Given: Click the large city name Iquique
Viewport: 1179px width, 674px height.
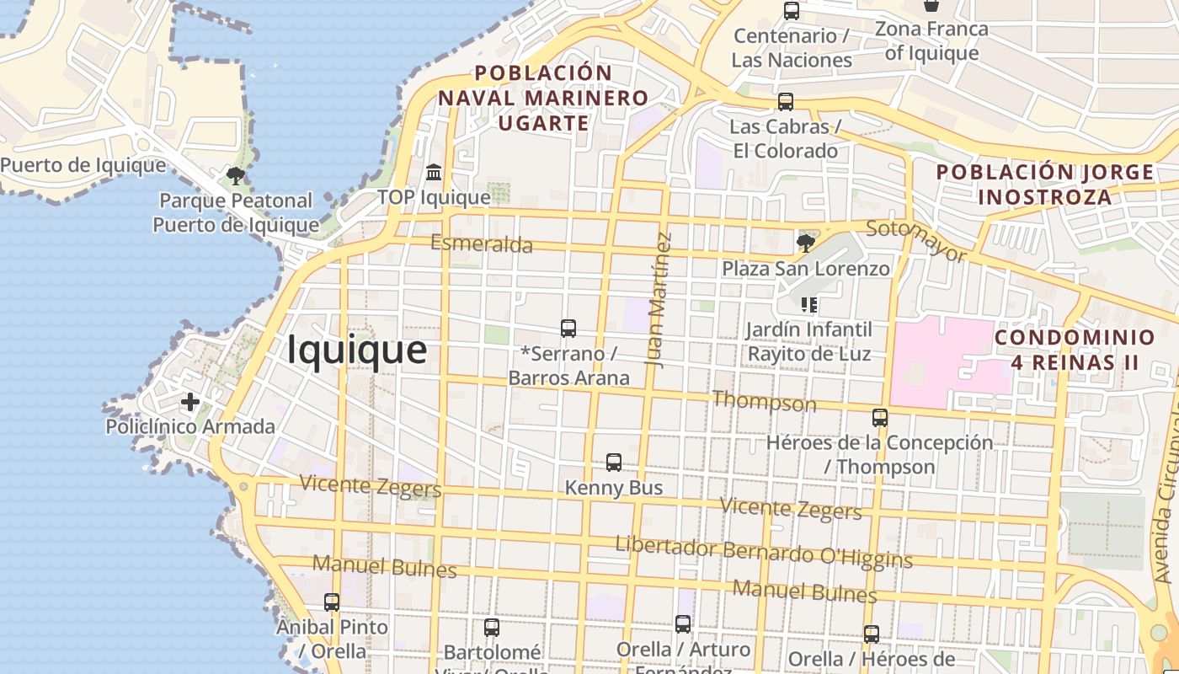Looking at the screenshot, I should (357, 350).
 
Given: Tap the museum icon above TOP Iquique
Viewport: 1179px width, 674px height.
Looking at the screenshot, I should (434, 173).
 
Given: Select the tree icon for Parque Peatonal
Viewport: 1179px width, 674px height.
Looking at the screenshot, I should (236, 176).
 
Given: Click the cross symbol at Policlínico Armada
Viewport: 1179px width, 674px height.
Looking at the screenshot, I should (190, 402).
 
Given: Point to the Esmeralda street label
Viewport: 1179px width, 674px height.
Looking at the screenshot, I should (482, 244).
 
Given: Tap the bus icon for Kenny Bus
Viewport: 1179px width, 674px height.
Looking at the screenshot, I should (614, 463).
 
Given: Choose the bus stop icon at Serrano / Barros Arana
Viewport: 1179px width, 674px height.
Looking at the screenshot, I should (568, 329).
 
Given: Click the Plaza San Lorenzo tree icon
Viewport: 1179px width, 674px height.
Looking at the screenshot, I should (806, 243).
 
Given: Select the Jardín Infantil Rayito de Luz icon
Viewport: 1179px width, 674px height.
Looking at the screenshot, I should (809, 304).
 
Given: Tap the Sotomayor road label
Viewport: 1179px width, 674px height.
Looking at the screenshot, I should (916, 240).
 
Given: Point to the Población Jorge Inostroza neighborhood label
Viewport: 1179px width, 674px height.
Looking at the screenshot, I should (1045, 185).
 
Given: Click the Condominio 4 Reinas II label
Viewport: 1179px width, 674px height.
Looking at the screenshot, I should (1075, 350).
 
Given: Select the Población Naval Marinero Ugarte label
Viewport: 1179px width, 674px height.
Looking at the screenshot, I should (543, 98).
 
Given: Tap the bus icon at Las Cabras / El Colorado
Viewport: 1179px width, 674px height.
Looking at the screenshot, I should (786, 102).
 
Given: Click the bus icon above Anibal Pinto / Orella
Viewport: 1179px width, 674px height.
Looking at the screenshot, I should (332, 602).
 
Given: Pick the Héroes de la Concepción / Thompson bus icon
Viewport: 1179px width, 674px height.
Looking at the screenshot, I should (880, 417).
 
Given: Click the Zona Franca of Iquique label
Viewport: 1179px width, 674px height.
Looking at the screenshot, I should (931, 41).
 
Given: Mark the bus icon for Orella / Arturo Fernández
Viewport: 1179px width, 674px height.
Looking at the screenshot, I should (683, 624).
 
